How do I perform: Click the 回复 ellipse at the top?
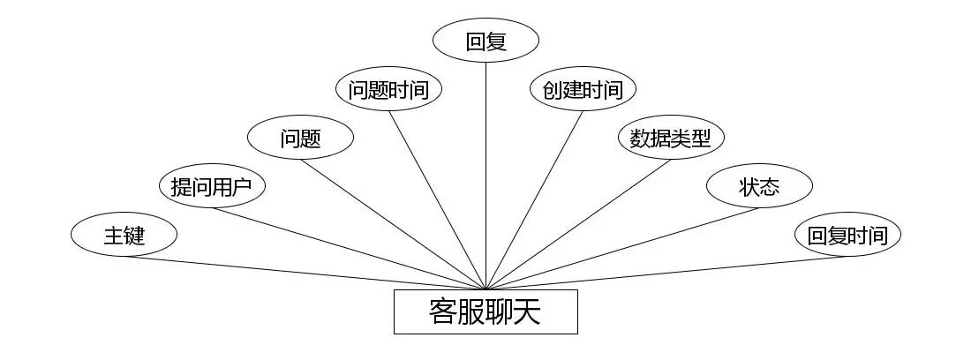(x=486, y=41)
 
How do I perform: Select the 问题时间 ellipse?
(x=389, y=89)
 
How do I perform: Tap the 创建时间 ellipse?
(x=583, y=89)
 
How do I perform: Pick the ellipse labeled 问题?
(x=300, y=138)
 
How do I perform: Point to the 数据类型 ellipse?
(x=671, y=138)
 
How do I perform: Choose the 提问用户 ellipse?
(x=212, y=186)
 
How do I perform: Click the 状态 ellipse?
(x=759, y=186)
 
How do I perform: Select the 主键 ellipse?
(x=124, y=235)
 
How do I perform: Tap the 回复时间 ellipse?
(x=847, y=235)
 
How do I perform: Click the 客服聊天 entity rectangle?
(x=485, y=311)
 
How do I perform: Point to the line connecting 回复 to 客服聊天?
(x=486, y=176)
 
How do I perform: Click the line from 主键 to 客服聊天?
(x=305, y=273)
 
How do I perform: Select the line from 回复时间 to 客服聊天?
(x=666, y=273)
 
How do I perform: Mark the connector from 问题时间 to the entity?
(x=438, y=200)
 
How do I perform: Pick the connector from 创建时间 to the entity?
(x=534, y=200)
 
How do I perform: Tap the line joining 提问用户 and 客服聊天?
(x=349, y=248)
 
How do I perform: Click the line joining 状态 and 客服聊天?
(x=622, y=248)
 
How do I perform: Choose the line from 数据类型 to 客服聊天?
(x=578, y=224)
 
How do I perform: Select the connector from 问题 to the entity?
(x=393, y=224)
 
